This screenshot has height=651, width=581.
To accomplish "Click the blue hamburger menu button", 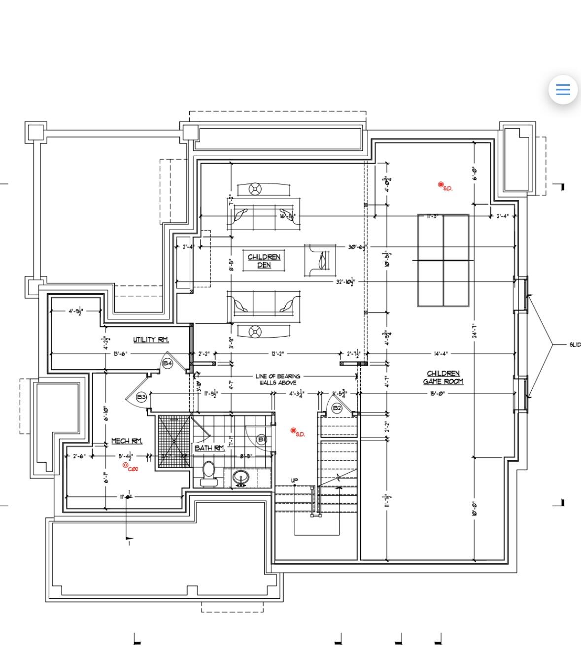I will [563, 90].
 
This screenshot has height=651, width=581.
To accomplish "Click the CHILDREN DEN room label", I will [264, 261].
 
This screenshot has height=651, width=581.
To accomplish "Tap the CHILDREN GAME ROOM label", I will [443, 377].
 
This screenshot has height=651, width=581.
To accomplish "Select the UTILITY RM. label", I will [151, 340].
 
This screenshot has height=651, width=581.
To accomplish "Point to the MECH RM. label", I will [127, 441].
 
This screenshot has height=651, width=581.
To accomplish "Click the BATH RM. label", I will [209, 448].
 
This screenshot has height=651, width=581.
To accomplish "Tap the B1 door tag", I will [262, 439].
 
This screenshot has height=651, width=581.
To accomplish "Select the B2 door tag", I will [337, 408].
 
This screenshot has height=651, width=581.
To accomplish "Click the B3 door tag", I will [141, 397].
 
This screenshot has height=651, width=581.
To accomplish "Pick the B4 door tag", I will [168, 363].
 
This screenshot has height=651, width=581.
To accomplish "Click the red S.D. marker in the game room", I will [442, 185].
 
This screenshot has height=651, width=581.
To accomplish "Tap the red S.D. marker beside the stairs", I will [294, 431].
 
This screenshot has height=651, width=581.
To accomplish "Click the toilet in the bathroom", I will [209, 473].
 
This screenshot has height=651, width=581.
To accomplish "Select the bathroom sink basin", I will [241, 477].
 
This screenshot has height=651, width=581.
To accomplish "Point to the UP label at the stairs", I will [295, 480].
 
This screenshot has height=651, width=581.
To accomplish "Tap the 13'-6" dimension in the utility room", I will [120, 354].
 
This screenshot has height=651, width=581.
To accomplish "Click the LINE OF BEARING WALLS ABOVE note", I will [277, 379].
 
